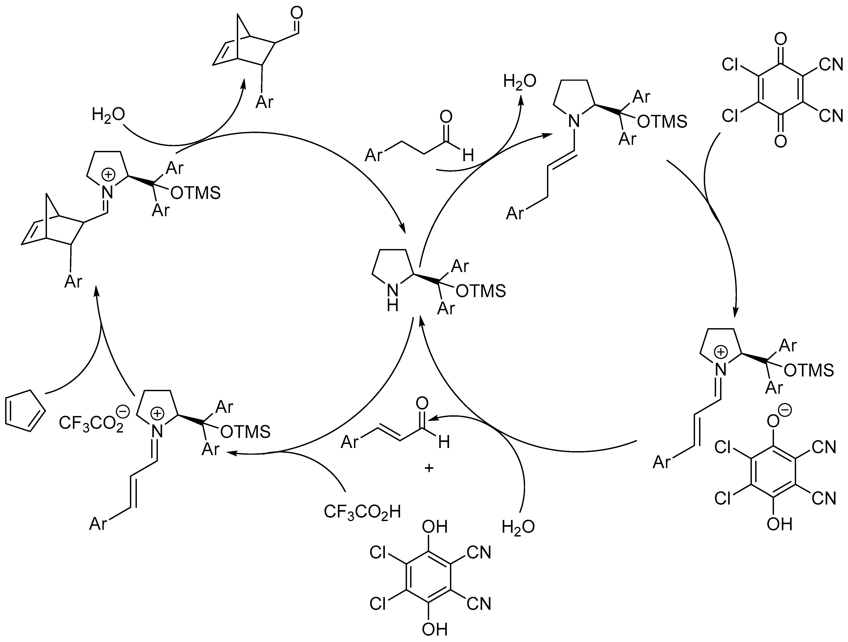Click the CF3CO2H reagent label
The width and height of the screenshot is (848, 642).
pyautogui.click(x=362, y=512)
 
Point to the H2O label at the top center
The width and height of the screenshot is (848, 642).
pyautogui.click(x=519, y=82)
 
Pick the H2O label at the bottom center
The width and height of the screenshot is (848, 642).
pyautogui.click(x=518, y=527)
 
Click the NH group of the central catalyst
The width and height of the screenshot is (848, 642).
pyautogui.click(x=392, y=298)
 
